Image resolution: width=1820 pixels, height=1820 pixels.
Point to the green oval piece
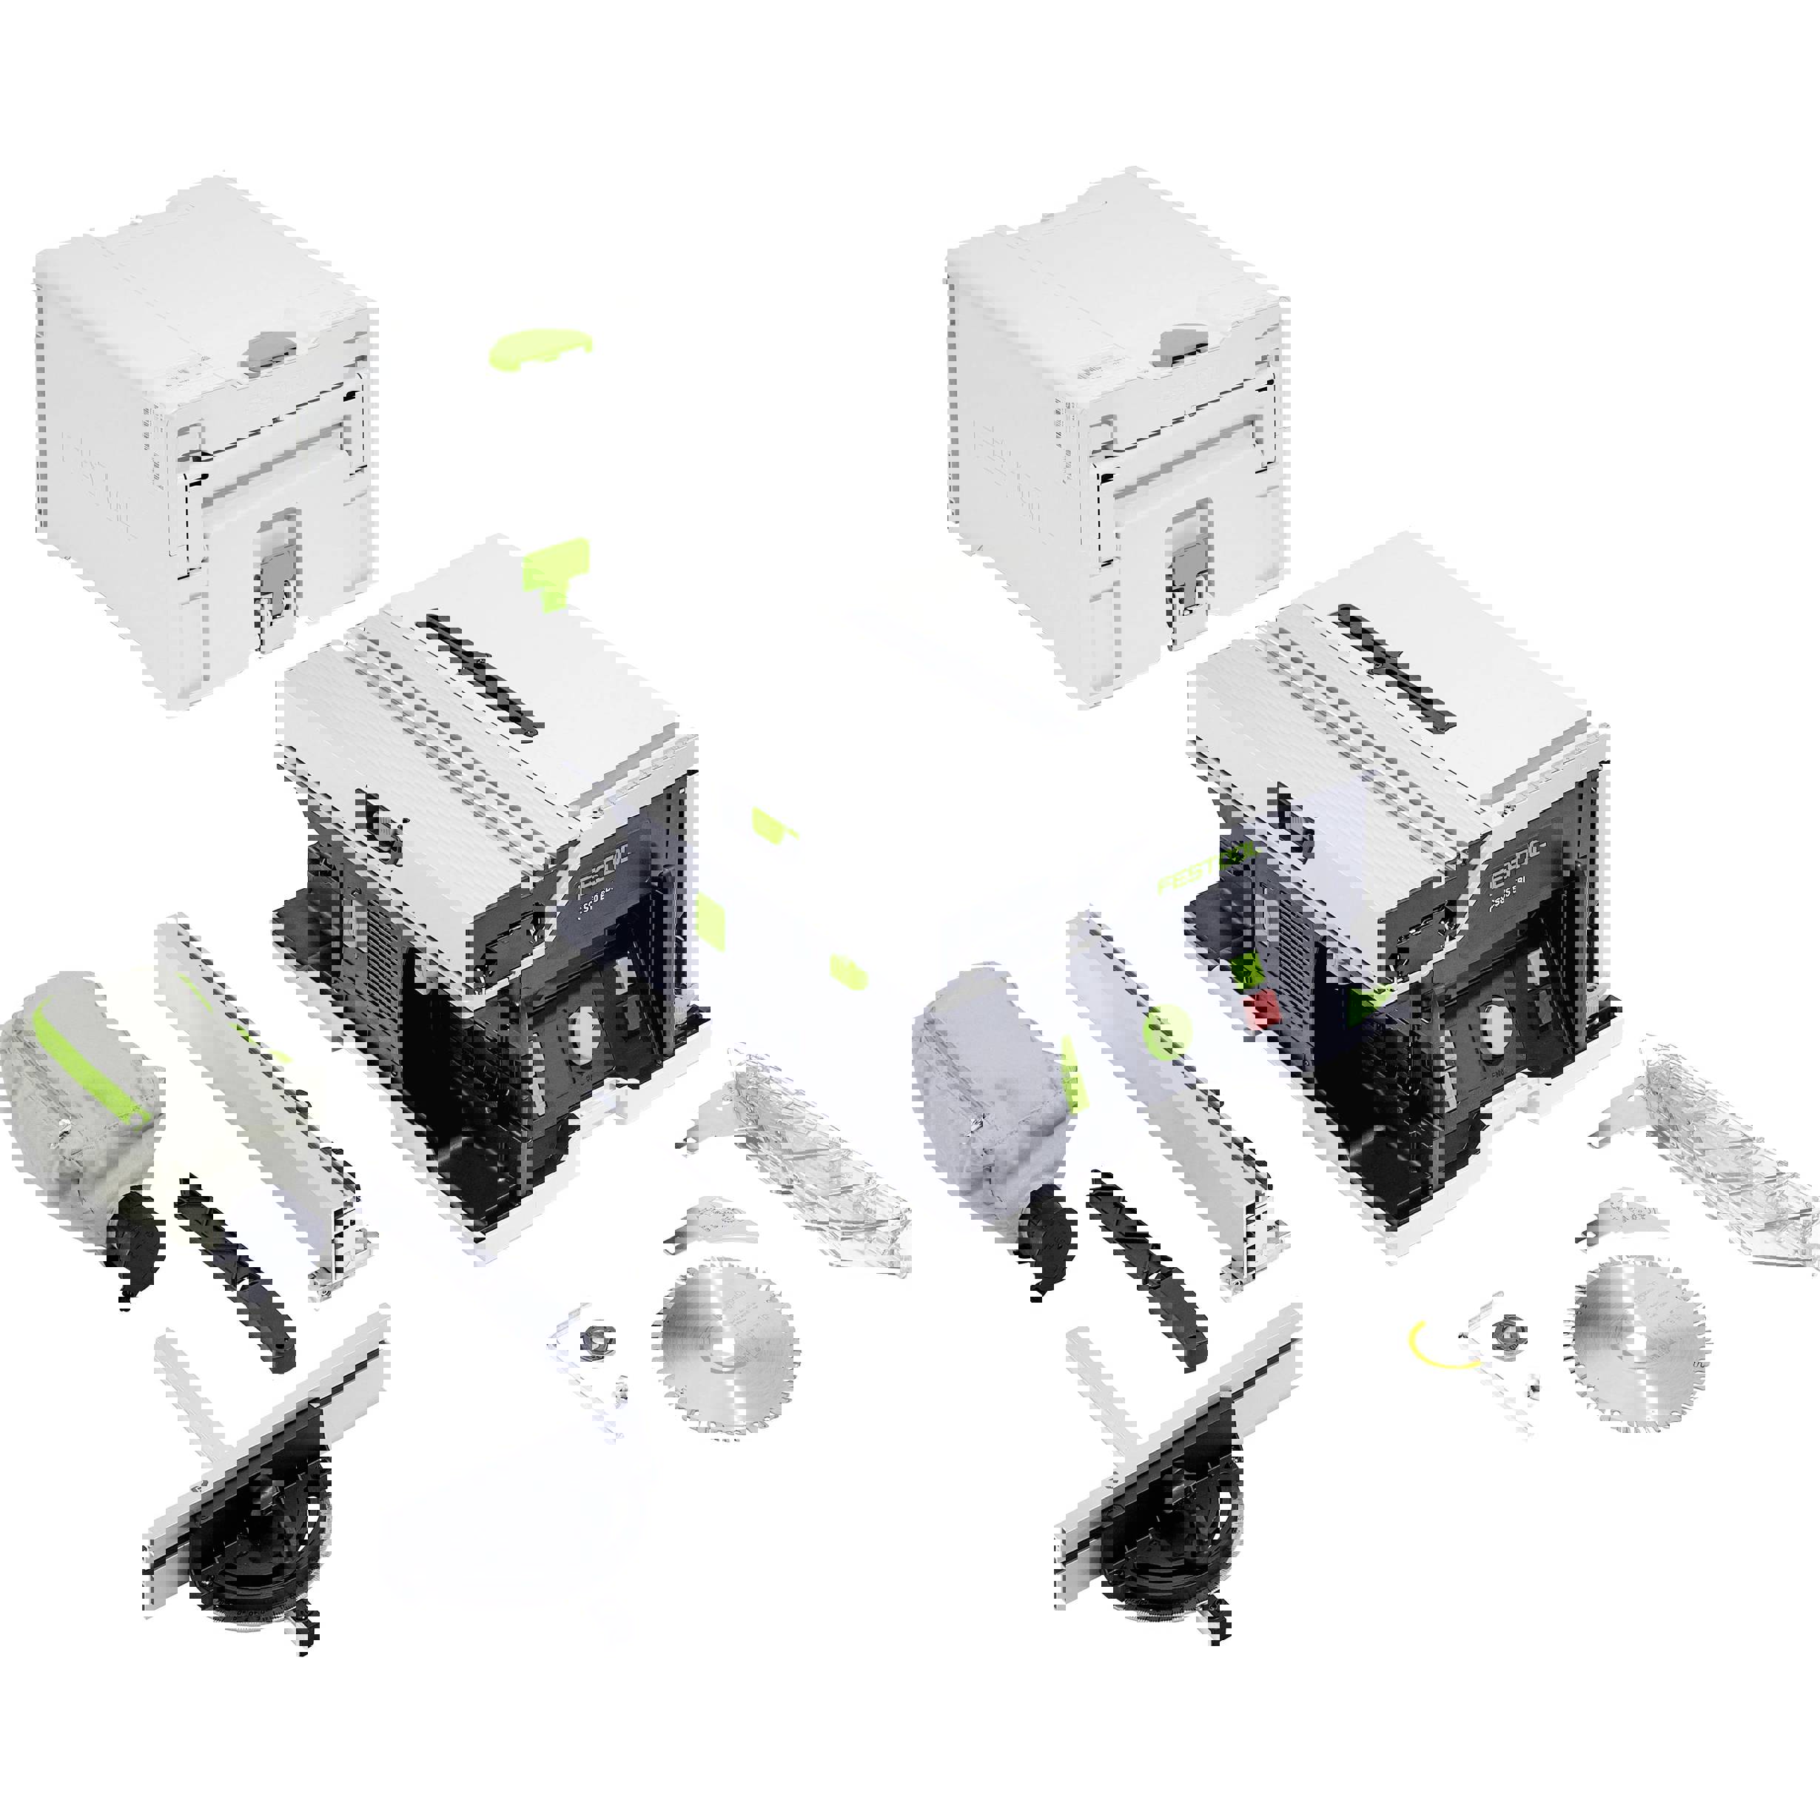541,346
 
